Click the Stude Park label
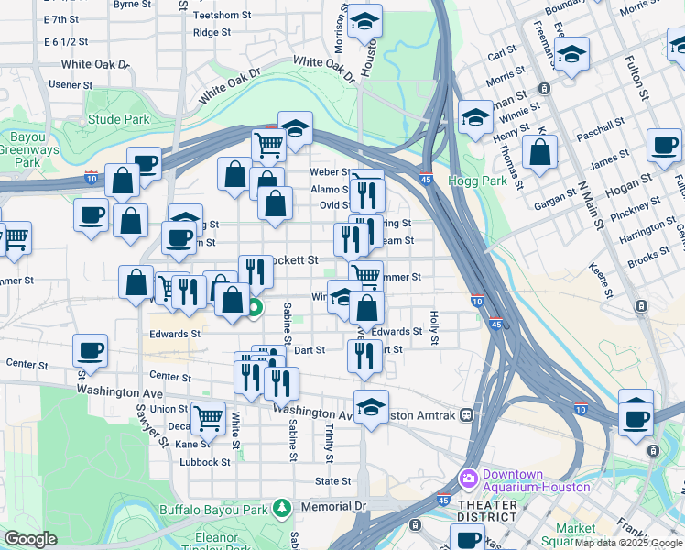coord(119,119)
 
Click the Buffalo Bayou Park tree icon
coord(283,508)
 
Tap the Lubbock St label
coord(206,462)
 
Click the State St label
coord(333,480)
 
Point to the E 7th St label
coord(61,18)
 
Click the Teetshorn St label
coord(222,16)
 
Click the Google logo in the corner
coord(30,539)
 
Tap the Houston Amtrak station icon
coord(467,414)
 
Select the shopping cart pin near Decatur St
coord(208,418)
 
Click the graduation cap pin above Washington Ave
coord(371,406)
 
